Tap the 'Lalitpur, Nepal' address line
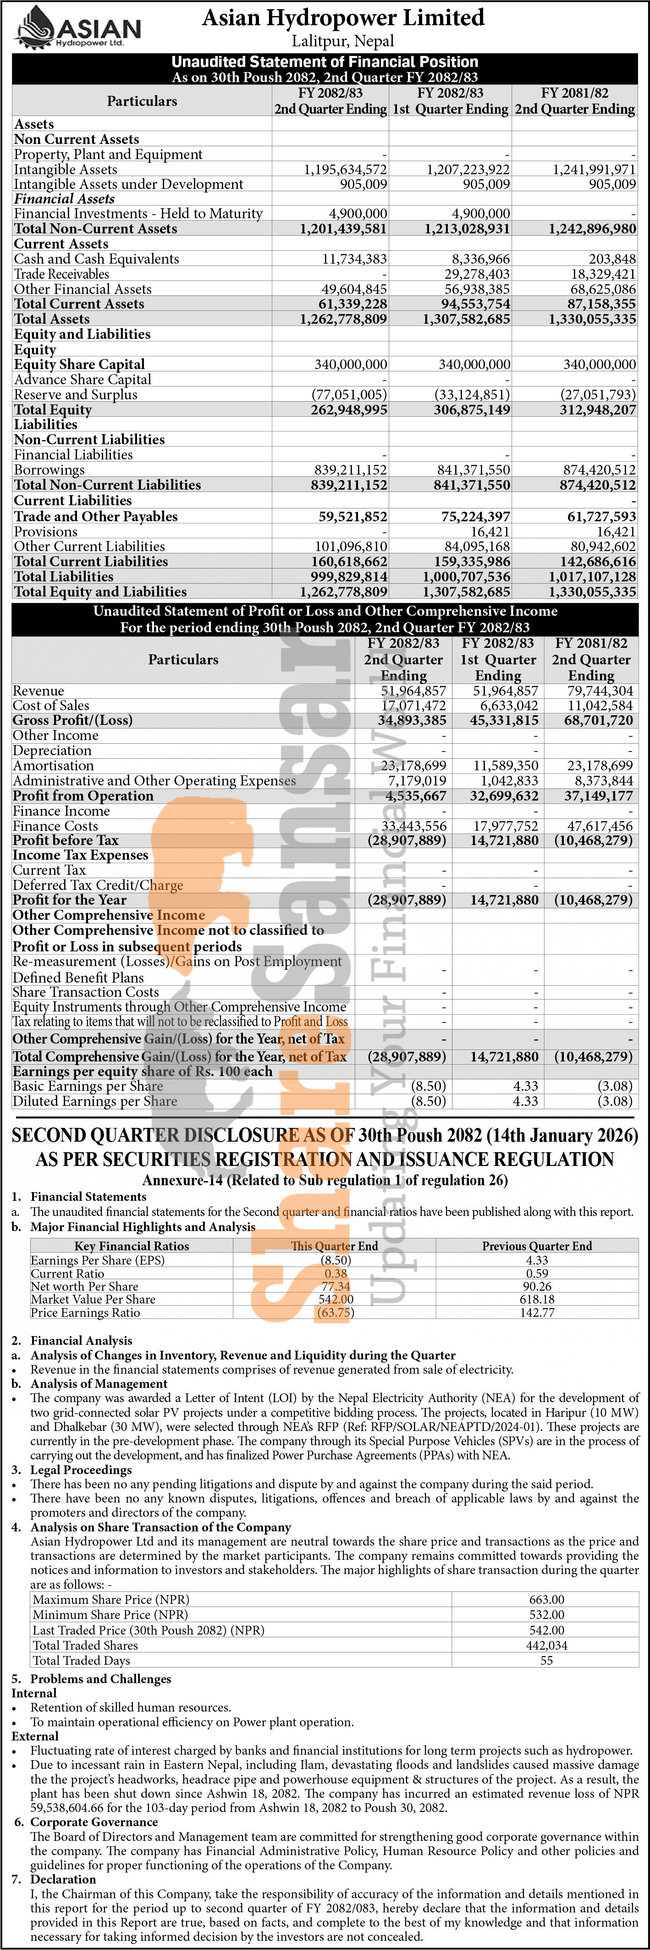point(343,41)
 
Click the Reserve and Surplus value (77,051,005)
point(349,394)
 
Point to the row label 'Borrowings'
point(49,470)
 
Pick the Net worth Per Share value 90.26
point(537,1286)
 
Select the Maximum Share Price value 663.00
point(546,1600)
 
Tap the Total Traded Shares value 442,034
point(546,1645)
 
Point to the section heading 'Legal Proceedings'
point(81,1469)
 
